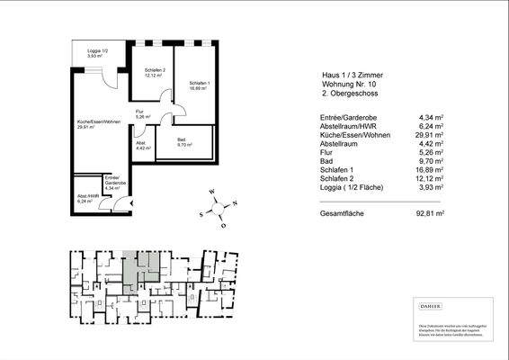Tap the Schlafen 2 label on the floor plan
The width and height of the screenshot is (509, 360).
pos(155,72)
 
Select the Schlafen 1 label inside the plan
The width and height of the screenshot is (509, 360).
pos(199,85)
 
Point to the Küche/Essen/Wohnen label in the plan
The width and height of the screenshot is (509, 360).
pos(99,123)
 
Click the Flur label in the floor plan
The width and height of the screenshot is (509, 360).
pos(140,113)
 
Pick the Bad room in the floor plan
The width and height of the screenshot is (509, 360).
pos(182,141)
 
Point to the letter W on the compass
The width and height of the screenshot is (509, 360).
pos(210,191)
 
